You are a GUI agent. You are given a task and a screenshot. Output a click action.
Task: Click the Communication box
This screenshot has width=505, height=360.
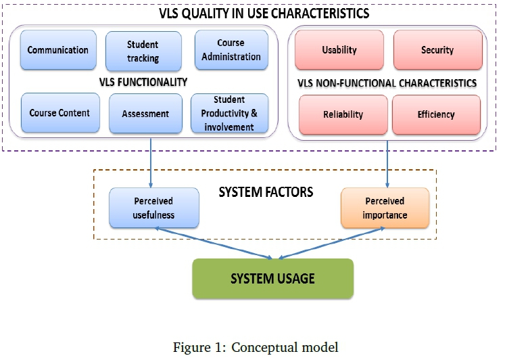58,50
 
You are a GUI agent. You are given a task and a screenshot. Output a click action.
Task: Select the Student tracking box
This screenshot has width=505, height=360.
143,51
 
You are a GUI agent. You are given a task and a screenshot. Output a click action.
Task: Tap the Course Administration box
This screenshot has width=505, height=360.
231,50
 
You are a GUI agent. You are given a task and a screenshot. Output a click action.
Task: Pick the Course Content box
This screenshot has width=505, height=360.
59,114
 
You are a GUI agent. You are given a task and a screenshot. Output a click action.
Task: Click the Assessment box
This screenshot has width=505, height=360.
145,114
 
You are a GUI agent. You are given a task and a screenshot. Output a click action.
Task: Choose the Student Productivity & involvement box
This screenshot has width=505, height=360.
229,113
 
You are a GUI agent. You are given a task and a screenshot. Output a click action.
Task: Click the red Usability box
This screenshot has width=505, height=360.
339,50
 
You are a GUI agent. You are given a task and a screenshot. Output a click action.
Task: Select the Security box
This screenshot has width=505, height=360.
437,50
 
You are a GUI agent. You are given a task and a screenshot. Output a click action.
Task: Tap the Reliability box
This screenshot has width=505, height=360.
343,115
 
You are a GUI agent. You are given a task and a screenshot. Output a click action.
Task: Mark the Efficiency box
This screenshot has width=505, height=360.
436,115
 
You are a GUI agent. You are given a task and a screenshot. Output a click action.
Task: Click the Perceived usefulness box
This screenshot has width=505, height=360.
153,208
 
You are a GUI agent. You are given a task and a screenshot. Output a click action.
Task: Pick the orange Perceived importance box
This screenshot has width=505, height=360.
385,208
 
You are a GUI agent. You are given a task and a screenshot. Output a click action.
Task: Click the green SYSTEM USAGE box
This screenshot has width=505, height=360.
272,278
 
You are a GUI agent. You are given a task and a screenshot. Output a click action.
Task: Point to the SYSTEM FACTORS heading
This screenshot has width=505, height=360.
266,192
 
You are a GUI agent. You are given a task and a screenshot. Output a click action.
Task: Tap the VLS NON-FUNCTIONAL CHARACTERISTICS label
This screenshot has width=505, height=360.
387,83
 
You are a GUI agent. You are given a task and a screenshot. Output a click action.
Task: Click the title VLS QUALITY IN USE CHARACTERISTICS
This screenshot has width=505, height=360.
254,13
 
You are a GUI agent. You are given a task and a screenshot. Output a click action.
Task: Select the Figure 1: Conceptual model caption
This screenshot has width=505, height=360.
256,348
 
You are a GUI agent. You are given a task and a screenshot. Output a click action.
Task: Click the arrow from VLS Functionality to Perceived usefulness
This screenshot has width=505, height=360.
150,162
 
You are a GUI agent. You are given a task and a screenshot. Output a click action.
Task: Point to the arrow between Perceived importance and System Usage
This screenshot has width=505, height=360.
331,243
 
